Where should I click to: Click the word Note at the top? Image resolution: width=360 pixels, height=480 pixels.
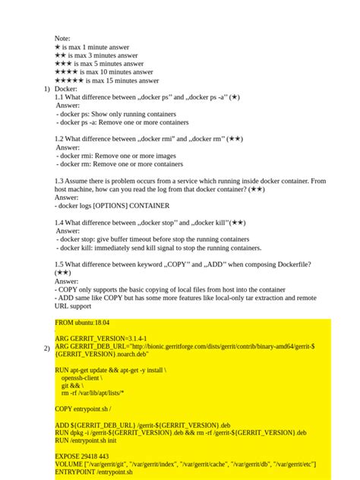(x=62, y=38)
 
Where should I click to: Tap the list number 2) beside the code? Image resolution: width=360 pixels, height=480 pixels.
(x=46, y=348)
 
